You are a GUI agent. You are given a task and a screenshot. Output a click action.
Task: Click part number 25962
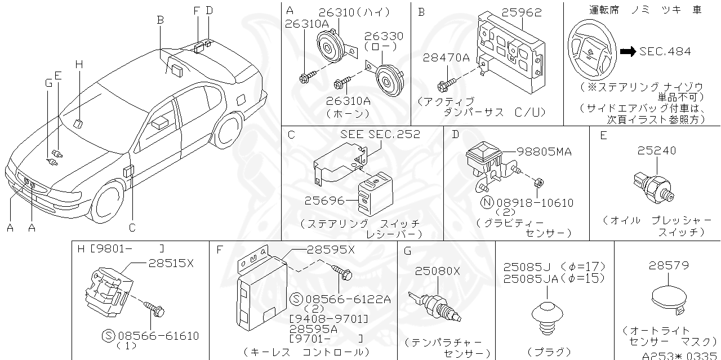tap(522, 11)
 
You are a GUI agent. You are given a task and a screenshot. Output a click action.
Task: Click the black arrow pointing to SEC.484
tap(627, 51)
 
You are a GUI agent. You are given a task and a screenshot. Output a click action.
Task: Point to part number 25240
tap(657, 151)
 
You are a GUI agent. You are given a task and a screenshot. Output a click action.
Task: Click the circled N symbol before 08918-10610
tap(487, 202)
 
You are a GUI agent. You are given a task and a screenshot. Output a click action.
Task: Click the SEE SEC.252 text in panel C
tap(380, 135)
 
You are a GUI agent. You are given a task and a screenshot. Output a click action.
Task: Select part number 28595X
tap(331, 250)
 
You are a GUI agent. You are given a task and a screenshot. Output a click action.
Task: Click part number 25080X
tap(437, 271)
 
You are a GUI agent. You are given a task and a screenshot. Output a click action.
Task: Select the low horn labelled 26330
tap(388, 82)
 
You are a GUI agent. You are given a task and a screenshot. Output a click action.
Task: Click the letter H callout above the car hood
tap(79, 65)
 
